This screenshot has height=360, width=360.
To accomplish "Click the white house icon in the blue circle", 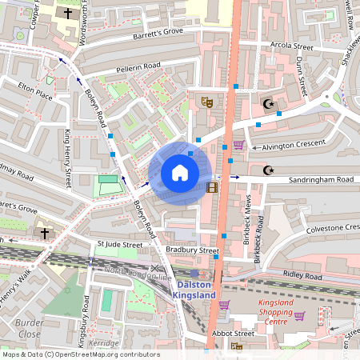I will coord(179,173).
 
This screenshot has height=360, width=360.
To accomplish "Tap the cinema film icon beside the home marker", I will coord(211,187).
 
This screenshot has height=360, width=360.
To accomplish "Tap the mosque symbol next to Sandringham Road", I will coord(268,170).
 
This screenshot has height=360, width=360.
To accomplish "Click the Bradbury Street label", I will coord(192,250).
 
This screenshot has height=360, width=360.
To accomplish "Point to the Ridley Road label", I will coord(302,276).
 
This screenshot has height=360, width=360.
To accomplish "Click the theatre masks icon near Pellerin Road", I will coord(206,102).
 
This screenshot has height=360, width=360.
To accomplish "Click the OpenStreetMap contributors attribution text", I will coord(80,354).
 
